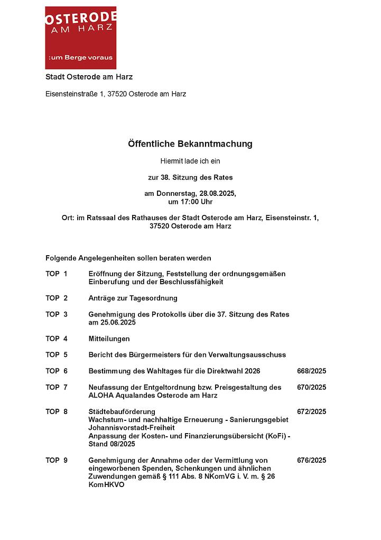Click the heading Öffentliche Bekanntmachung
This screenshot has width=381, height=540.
coord(190,144)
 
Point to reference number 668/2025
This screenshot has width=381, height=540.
coord(311,371)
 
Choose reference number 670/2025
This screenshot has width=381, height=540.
coord(311,388)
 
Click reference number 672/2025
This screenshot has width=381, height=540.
coord(311,412)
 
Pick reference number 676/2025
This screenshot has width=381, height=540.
coord(311,461)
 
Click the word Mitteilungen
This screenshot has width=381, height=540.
coord(109,339)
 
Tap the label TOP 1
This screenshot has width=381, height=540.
coord(57,274)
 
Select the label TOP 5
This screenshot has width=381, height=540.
coord(57,355)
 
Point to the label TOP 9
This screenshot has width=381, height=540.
coord(57,461)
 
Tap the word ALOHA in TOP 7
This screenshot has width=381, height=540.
coord(100,395)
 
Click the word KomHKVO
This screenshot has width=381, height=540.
coord(106,485)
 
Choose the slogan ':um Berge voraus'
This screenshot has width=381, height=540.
coord(80,58)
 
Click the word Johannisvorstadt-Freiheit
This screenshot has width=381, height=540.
coord(132,428)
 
